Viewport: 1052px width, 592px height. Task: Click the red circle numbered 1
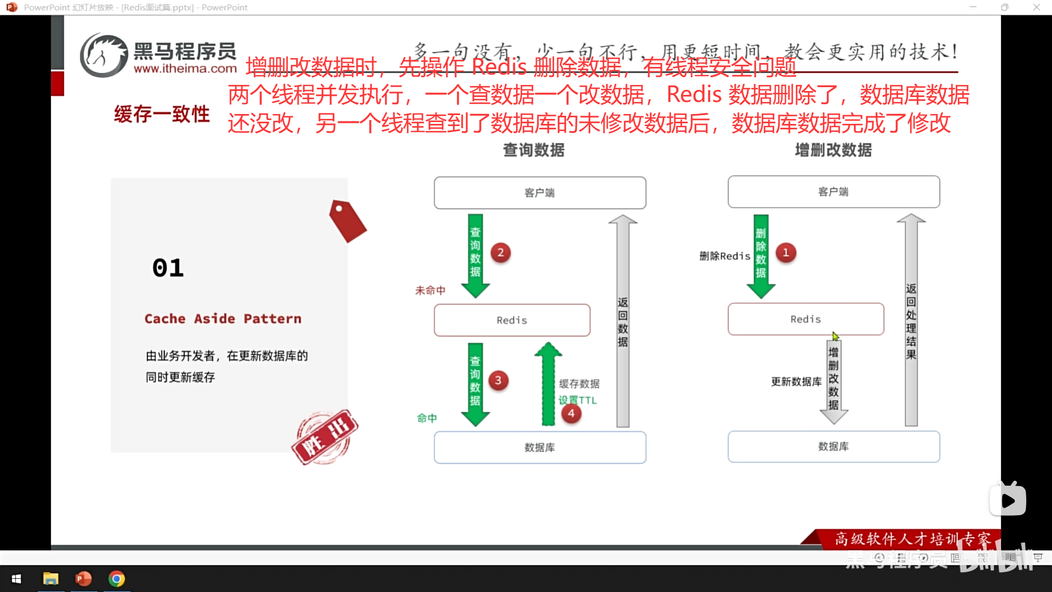pyautogui.click(x=786, y=253)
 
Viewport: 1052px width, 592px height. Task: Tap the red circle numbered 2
pyautogui.click(x=500, y=253)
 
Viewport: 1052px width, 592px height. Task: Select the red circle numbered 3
pyautogui.click(x=498, y=380)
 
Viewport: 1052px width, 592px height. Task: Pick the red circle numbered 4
pyautogui.click(x=571, y=413)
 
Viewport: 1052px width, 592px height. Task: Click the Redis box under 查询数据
pyautogui.click(x=512, y=320)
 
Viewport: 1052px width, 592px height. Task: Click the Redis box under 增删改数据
pyautogui.click(x=805, y=319)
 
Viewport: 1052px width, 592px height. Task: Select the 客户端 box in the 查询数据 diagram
pyautogui.click(x=540, y=193)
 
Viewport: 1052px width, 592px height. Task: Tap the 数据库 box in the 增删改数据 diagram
pyautogui.click(x=833, y=447)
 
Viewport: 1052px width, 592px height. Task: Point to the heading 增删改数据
pyautogui.click(x=833, y=150)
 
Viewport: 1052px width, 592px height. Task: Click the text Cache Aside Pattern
pyautogui.click(x=223, y=318)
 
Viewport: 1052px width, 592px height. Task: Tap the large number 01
pyautogui.click(x=168, y=268)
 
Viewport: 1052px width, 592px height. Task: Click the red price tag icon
pyautogui.click(x=347, y=221)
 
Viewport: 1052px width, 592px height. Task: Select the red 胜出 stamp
pyautogui.click(x=325, y=437)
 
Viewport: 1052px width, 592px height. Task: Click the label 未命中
pyautogui.click(x=430, y=291)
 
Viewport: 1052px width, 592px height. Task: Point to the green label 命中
pyautogui.click(x=427, y=418)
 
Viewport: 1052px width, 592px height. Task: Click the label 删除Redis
pyautogui.click(x=724, y=256)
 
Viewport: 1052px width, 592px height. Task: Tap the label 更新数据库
pyautogui.click(x=796, y=382)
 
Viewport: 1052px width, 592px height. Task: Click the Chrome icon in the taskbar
pyautogui.click(x=117, y=579)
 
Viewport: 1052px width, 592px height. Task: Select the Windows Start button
pyautogui.click(x=16, y=579)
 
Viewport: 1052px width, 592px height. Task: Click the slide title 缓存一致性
pyautogui.click(x=162, y=114)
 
